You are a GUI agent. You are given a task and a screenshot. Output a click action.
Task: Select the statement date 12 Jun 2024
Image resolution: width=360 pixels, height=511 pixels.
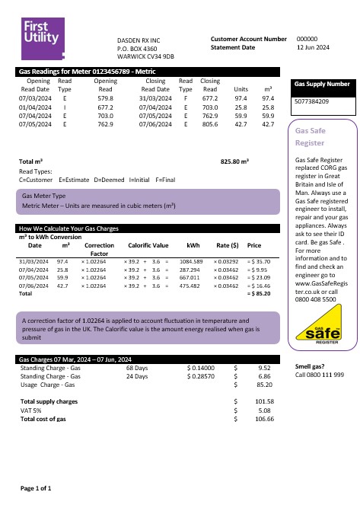point(313,47)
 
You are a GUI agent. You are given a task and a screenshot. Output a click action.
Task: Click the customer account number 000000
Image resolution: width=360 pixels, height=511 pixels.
point(307,38)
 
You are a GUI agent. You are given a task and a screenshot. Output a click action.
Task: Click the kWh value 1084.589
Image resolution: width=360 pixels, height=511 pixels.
point(190,260)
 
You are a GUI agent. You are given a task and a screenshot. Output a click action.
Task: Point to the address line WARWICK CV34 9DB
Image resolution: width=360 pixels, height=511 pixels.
point(145,56)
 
